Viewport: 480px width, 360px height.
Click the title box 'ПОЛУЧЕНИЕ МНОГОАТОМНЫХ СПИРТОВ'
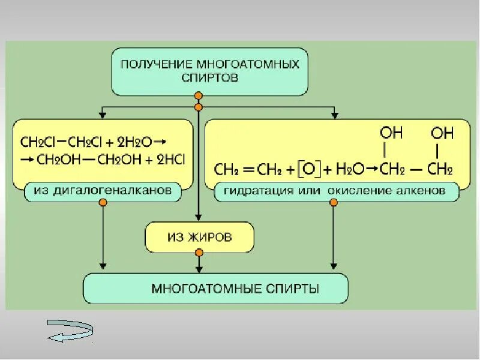pyautogui.click(x=210, y=71)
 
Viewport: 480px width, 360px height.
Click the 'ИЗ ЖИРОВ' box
pyautogui.click(x=199, y=238)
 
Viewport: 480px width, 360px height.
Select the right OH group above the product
pyautogui.click(x=443, y=132)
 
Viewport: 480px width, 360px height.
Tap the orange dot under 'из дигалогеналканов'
pyautogui.click(x=103, y=204)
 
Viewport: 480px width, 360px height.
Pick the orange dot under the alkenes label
pyautogui.click(x=334, y=204)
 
